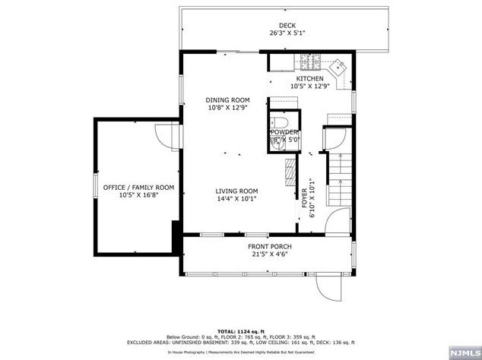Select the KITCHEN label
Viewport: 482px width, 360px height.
(x=309, y=78)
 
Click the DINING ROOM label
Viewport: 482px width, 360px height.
(x=227, y=99)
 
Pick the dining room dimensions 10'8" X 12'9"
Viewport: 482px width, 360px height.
(x=227, y=108)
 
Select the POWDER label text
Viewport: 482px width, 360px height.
(x=285, y=132)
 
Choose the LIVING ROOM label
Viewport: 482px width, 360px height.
(x=236, y=191)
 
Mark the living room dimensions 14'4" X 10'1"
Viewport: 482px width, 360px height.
(x=236, y=199)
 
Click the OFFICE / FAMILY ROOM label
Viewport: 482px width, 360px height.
(x=138, y=187)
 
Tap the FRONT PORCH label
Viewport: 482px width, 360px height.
(x=269, y=246)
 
